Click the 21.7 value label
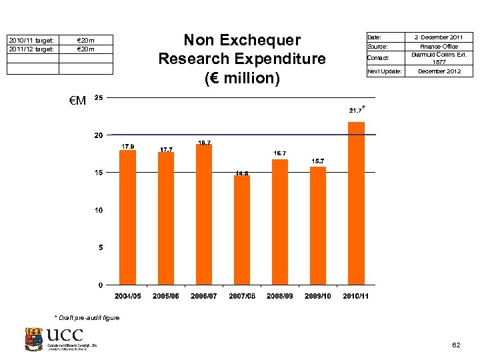355,110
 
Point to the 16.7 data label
280,153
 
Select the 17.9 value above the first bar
127,146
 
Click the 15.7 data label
318,161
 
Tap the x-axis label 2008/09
280,295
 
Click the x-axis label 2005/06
165,295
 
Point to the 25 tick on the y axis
99,98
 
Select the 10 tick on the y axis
99,211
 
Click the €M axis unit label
77,101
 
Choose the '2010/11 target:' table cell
33,40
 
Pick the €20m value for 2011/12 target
86,49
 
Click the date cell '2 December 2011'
437,37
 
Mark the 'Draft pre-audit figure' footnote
87,317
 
